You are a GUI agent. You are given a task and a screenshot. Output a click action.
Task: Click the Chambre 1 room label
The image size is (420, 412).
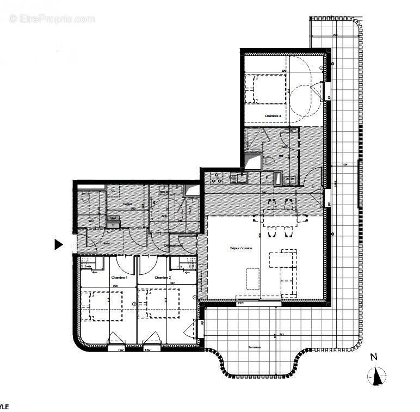(119, 278)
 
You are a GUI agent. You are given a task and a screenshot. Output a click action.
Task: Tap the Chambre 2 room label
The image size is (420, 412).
(163, 278)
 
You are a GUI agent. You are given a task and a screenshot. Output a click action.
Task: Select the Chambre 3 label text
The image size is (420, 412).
(273, 116)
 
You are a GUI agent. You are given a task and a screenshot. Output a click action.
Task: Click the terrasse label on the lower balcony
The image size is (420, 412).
(254, 347)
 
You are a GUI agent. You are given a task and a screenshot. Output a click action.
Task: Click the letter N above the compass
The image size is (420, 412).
(373, 358)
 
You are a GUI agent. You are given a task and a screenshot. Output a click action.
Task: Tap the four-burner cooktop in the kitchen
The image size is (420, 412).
(217, 177)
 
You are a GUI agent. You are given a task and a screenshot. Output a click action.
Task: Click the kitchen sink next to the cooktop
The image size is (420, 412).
(237, 177)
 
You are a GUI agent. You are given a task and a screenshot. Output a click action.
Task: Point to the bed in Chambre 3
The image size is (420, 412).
(264, 89)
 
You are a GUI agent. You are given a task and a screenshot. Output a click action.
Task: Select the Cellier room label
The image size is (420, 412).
(128, 205)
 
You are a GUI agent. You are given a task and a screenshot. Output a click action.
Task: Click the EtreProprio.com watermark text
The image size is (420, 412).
(52, 19)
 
